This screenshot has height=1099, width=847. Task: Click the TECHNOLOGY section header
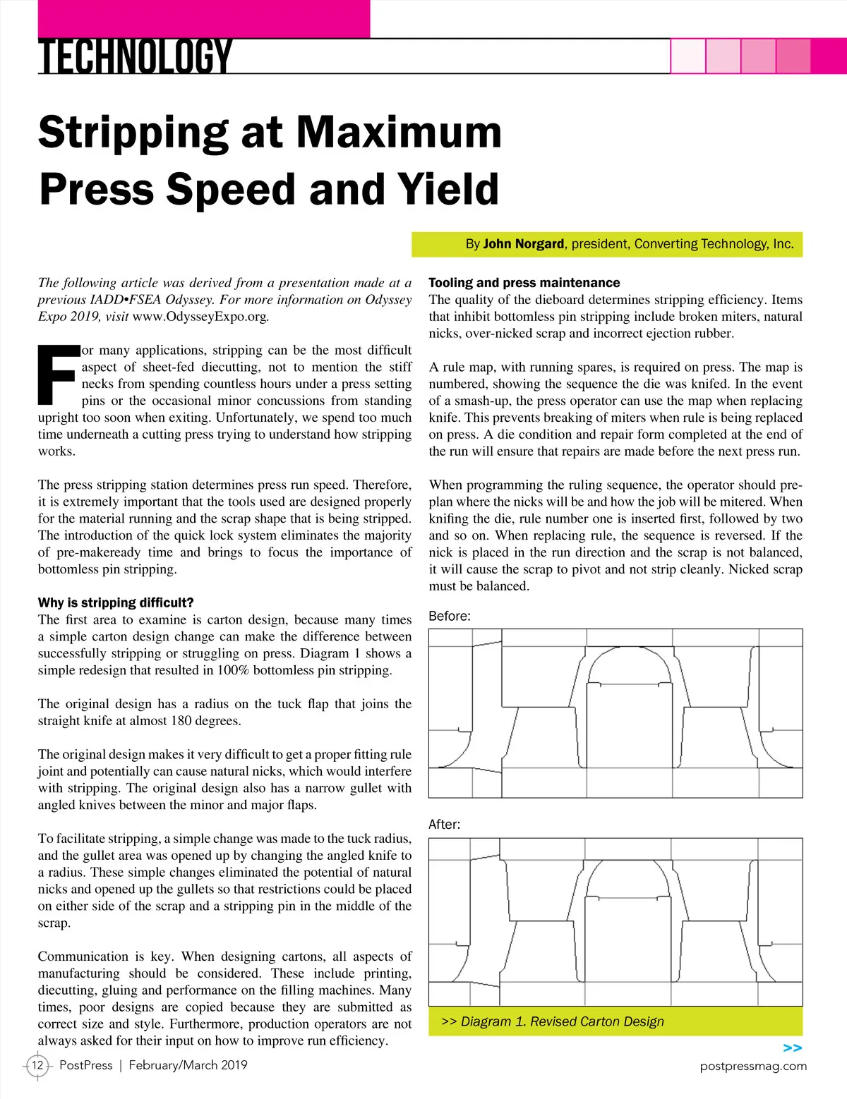click(x=135, y=56)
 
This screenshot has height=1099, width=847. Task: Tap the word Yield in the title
click(x=447, y=189)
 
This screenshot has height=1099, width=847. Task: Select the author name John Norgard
click(x=523, y=244)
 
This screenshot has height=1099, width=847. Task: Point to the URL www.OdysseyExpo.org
click(x=200, y=317)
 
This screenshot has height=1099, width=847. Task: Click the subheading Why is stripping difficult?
click(x=116, y=602)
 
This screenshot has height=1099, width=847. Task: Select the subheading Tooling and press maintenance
click(x=524, y=283)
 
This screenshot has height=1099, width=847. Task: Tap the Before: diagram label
click(x=450, y=616)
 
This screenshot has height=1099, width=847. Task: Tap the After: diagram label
click(x=444, y=824)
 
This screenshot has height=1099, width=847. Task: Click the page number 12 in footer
click(x=37, y=1065)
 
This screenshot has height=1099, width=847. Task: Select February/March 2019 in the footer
click(x=188, y=1065)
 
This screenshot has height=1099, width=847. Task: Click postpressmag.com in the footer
click(x=753, y=1066)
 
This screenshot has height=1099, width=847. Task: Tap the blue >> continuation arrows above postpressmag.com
click(x=793, y=1048)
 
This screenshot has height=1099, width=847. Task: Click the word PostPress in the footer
click(x=85, y=1065)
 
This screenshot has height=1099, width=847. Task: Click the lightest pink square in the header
click(x=687, y=56)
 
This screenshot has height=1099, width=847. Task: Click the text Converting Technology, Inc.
click(x=714, y=244)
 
